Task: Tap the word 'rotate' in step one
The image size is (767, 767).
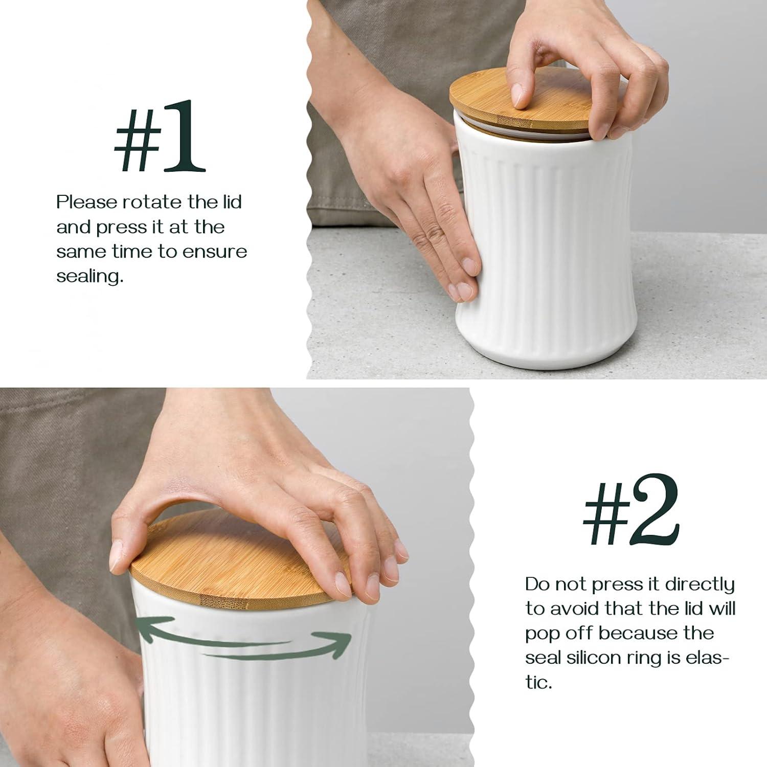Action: point(152,202)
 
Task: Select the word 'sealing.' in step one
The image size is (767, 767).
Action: point(90,277)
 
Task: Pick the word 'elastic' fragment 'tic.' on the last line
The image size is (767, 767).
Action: point(539,682)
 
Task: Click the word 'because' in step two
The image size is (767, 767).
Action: point(630,633)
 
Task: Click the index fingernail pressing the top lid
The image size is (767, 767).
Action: point(520,96)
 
